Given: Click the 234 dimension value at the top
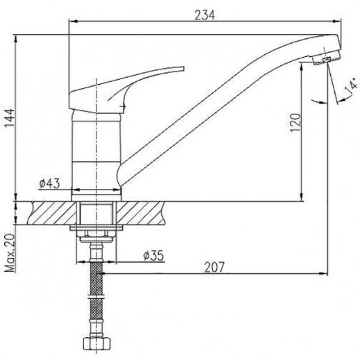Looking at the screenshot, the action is click(x=204, y=15).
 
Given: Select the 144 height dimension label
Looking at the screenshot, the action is click(x=10, y=117).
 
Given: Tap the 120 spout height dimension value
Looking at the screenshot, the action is click(x=295, y=122).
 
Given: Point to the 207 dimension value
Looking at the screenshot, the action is click(x=214, y=267).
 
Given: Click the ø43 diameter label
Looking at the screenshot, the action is click(x=49, y=183).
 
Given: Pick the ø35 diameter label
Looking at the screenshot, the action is click(x=154, y=256).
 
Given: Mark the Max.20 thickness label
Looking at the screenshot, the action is click(x=10, y=252).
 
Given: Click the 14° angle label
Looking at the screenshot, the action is click(x=351, y=87).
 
